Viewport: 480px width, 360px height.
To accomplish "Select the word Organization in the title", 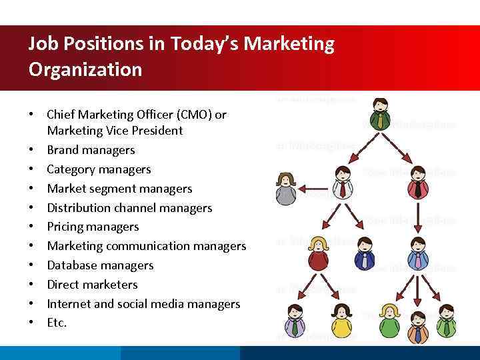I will (85, 69).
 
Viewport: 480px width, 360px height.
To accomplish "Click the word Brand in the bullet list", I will (63, 150).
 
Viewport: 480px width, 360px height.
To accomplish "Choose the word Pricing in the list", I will (67, 227).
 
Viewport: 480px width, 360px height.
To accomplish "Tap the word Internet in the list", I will (69, 304).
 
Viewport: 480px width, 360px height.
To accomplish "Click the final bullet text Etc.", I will (57, 323).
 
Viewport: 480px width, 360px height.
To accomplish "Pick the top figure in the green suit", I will (380, 114).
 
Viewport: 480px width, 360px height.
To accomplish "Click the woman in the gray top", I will (286, 189).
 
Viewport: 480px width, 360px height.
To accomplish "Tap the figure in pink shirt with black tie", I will (418, 182).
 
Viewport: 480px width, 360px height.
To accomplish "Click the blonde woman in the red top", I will (318, 253).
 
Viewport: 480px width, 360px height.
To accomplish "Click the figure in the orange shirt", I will (417, 325).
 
